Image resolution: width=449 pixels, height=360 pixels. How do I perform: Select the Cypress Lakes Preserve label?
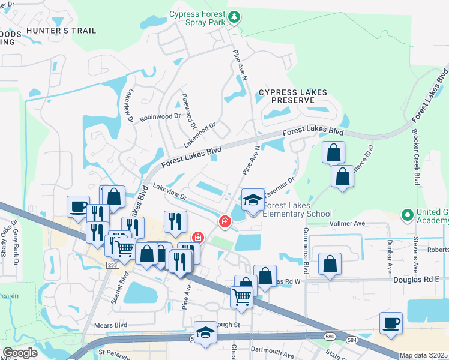coord(293,96)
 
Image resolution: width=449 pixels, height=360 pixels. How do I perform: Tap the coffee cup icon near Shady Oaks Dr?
coord(78,207)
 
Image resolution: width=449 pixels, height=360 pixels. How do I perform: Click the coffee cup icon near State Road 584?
coord(391,323)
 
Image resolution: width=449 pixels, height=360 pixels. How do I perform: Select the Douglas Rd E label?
coord(416,279)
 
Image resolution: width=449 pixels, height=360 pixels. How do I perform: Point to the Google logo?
coord(20,352)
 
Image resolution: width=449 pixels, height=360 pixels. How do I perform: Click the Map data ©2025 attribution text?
coord(423,355)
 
